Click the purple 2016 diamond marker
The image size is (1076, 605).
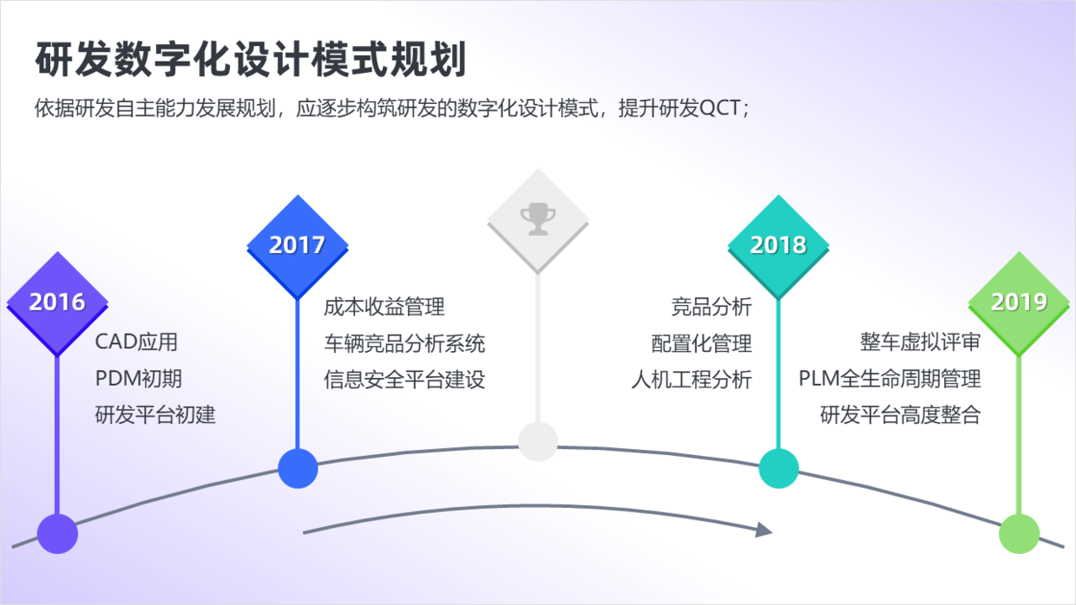pyautogui.click(x=57, y=302)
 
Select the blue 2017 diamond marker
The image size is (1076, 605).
pyautogui.click(x=297, y=244)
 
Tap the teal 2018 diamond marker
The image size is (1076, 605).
pyautogui.click(x=777, y=244)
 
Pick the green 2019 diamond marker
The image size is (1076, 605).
pyautogui.click(x=1019, y=302)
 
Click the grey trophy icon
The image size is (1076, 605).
pyautogui.click(x=537, y=219)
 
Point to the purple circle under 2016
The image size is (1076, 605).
pyautogui.click(x=57, y=532)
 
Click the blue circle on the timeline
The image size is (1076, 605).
pyautogui.click(x=298, y=468)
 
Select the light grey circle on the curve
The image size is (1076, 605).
pyautogui.click(x=537, y=441)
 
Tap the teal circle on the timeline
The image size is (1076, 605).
pyautogui.click(x=778, y=468)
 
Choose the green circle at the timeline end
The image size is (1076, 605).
pyautogui.click(x=1019, y=532)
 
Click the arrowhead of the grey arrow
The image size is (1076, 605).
pyautogui.click(x=764, y=529)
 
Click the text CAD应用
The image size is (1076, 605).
pyautogui.click(x=136, y=342)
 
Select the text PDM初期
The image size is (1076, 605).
pyautogui.click(x=139, y=378)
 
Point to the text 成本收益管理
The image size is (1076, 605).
pyautogui.click(x=384, y=306)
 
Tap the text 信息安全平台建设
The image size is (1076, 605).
pyautogui.click(x=404, y=379)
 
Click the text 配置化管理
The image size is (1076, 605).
pyautogui.click(x=701, y=342)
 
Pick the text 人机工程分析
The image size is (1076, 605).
pyautogui.click(x=691, y=379)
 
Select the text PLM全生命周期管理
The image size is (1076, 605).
pyautogui.click(x=889, y=378)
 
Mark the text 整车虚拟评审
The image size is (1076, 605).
pyautogui.click(x=920, y=342)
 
